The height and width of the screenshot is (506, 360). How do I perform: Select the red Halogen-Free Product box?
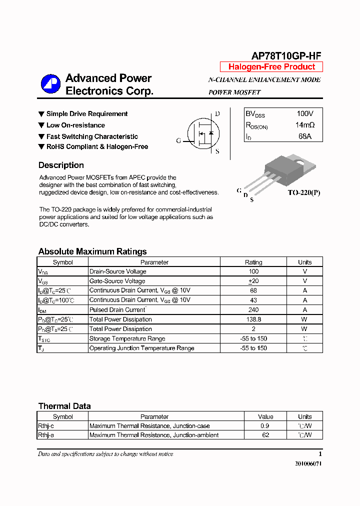pyautogui.click(x=271, y=67)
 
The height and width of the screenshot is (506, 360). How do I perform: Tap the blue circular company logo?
pyautogui.click(x=50, y=84)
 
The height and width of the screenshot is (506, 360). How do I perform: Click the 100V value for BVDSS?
pyautogui.click(x=305, y=114)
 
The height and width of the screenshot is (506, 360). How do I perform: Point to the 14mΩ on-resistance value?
pyautogui.click(x=305, y=125)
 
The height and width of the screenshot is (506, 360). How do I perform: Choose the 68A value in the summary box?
pyautogui.click(x=305, y=136)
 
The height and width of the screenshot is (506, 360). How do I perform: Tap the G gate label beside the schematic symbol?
pyautogui.click(x=178, y=141)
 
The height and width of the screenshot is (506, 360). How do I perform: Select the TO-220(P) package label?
pyautogui.click(x=303, y=192)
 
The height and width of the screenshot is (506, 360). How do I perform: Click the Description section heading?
pyautogui.click(x=61, y=165)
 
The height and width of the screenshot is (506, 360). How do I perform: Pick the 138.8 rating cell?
pyautogui.click(x=253, y=319)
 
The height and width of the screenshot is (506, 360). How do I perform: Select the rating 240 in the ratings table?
pyautogui.click(x=253, y=310)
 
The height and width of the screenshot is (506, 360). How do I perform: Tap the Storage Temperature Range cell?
pyautogui.click(x=120, y=338)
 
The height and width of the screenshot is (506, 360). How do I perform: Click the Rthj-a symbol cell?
pyautogui.click(x=45, y=435)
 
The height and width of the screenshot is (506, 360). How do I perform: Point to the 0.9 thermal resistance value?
pyautogui.click(x=265, y=426)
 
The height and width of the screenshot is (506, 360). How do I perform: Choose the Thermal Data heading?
pyautogui.click(x=64, y=406)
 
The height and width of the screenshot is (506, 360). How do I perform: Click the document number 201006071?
pyautogui.click(x=308, y=464)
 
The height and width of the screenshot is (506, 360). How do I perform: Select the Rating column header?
pyautogui.click(x=253, y=262)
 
